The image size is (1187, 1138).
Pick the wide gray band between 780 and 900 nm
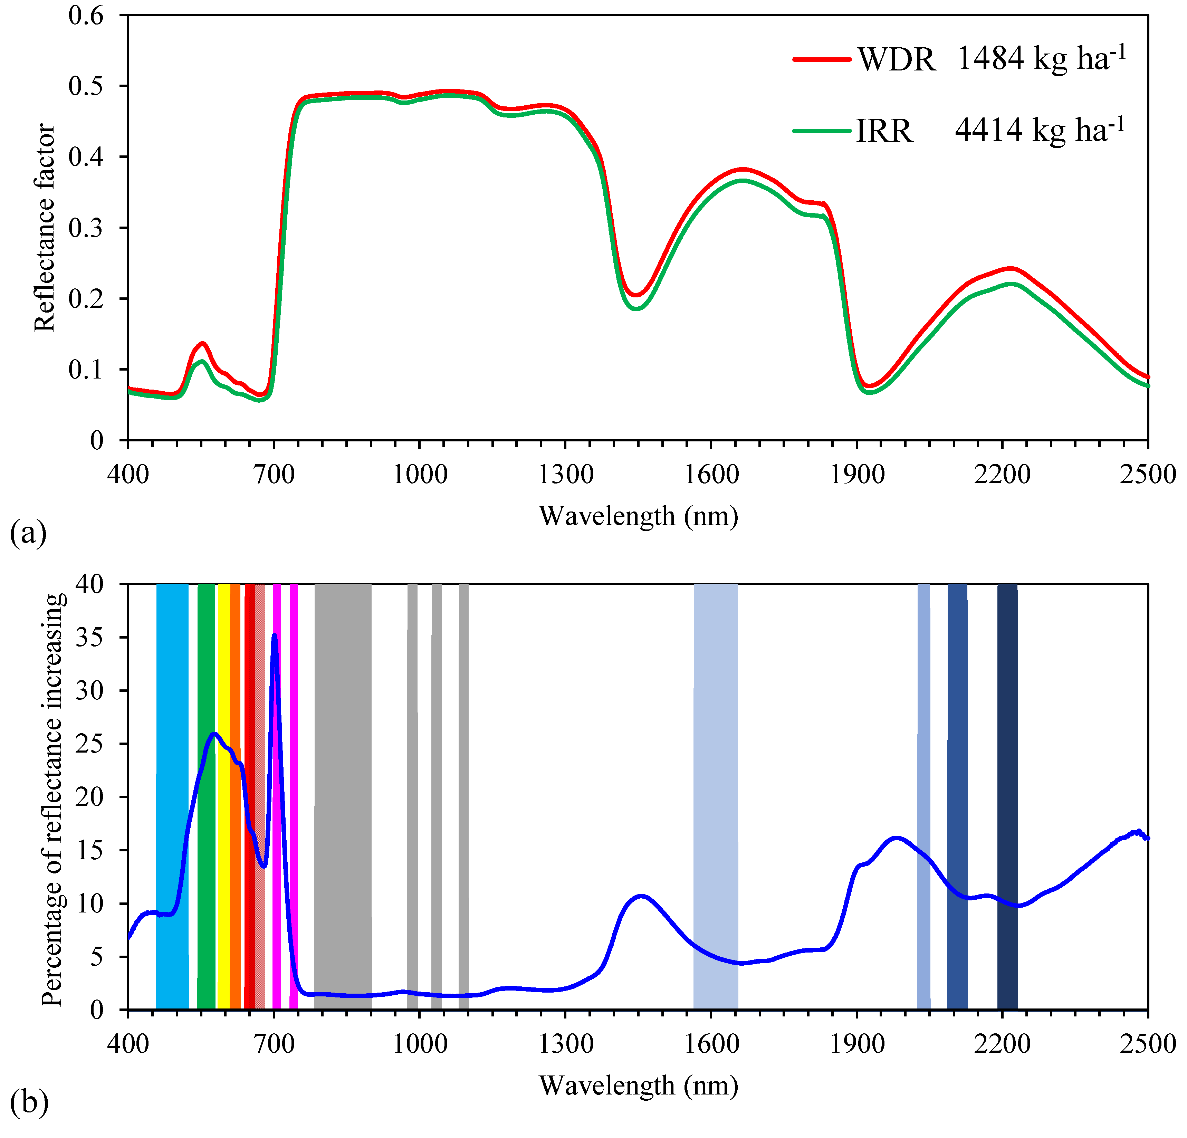pyautogui.click(x=343, y=787)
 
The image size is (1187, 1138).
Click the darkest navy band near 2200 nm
pyautogui.click(x=1007, y=787)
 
